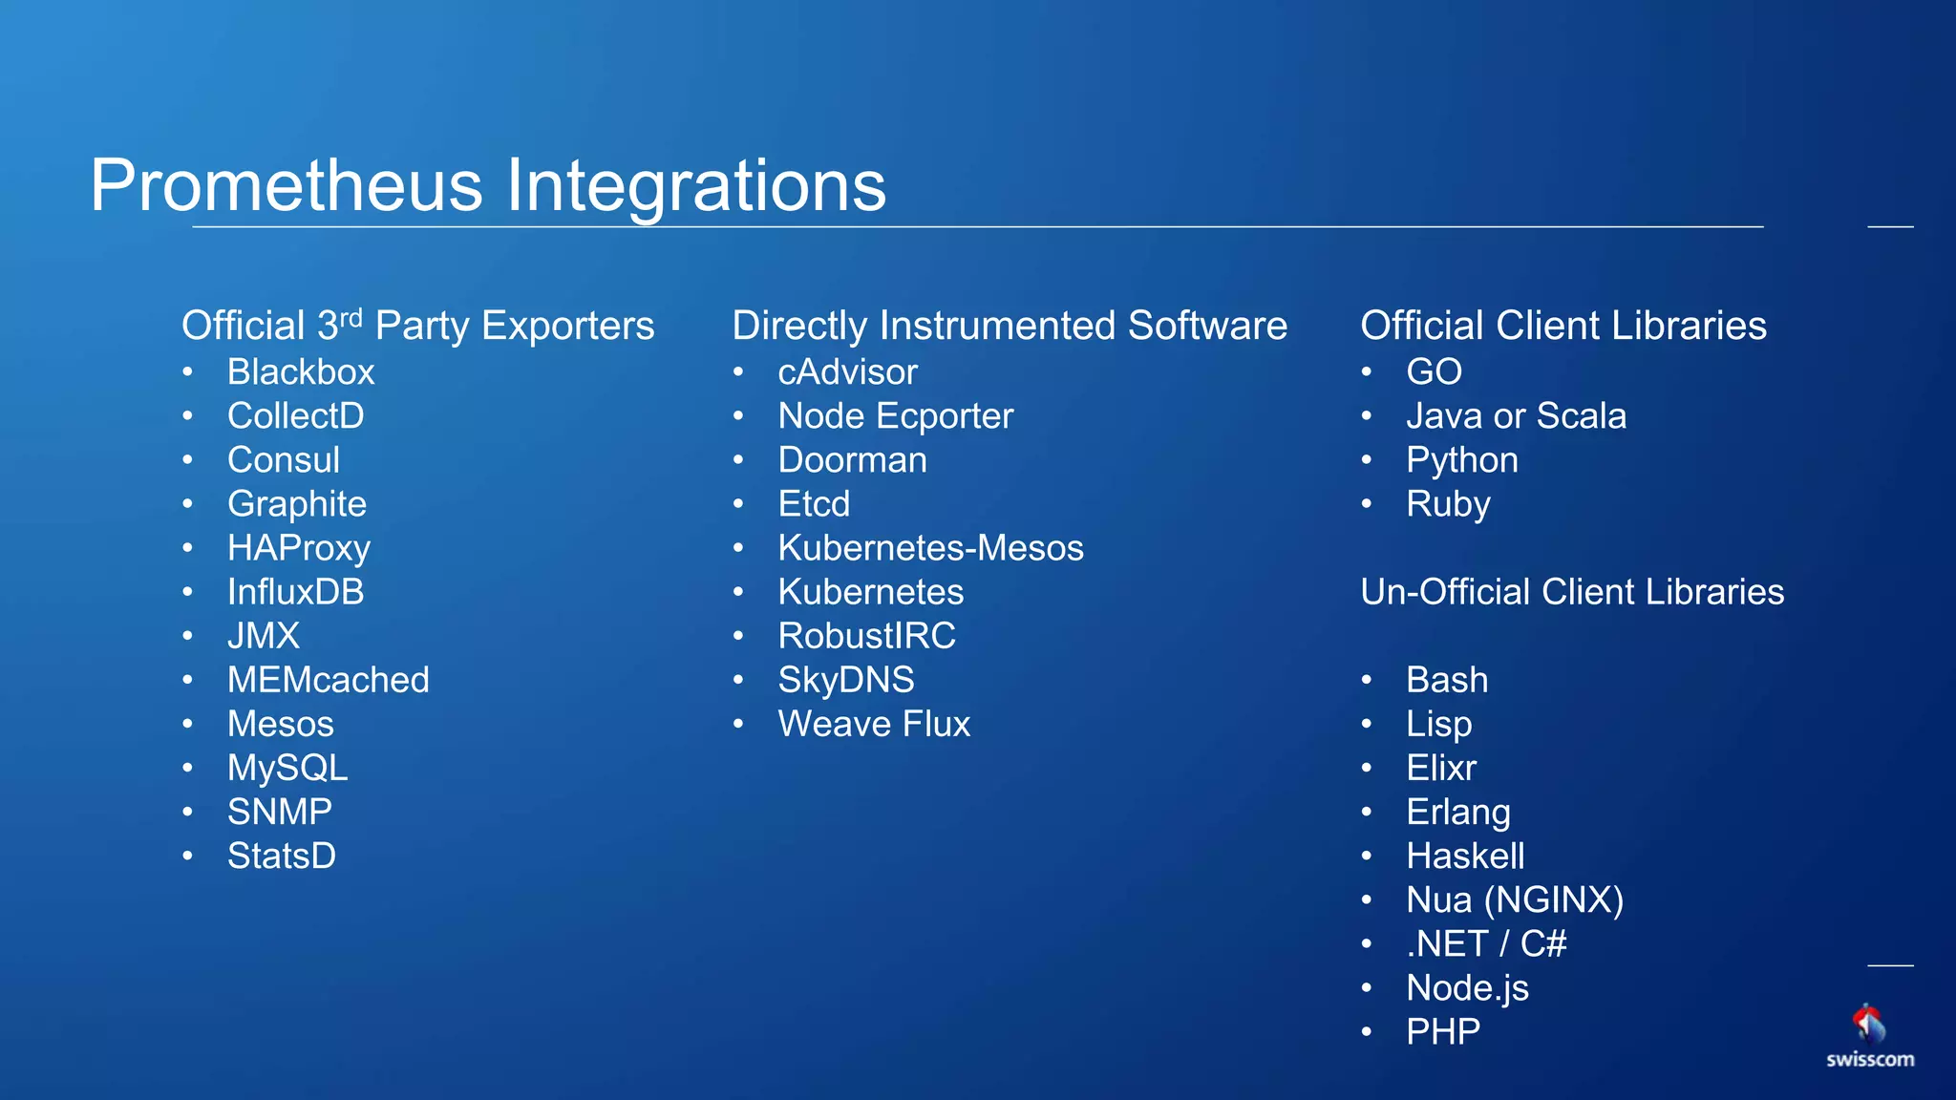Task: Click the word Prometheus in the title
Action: point(287,185)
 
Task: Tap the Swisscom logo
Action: point(1869,1036)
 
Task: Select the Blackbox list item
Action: point(301,372)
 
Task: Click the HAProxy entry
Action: point(298,548)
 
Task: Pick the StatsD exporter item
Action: point(282,856)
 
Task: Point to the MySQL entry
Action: point(287,768)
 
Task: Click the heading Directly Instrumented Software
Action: point(1009,326)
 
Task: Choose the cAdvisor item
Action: point(847,372)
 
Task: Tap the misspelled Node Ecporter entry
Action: point(895,416)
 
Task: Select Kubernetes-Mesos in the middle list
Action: point(930,548)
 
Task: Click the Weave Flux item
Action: point(874,724)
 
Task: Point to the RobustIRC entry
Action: point(866,636)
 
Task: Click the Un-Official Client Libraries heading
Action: point(1571,592)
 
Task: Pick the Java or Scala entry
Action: point(1516,416)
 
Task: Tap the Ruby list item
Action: point(1447,504)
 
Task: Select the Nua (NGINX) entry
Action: point(1515,899)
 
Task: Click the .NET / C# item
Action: point(1486,943)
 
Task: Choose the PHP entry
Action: point(1442,1031)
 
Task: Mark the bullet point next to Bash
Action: point(1367,680)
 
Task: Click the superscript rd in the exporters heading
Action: point(351,316)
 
